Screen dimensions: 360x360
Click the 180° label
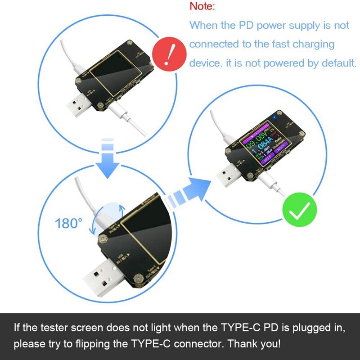[69, 223]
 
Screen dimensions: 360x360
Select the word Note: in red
[202, 6]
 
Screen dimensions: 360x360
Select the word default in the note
[338, 63]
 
